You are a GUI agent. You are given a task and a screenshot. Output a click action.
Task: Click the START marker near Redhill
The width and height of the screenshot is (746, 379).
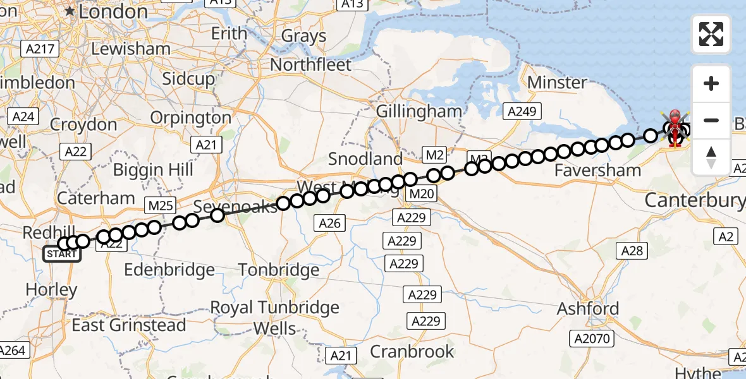(62, 255)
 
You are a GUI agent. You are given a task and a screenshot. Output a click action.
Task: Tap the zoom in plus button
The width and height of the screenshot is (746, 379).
(711, 84)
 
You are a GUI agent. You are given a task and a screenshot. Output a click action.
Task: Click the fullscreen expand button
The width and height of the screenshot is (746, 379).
(711, 34)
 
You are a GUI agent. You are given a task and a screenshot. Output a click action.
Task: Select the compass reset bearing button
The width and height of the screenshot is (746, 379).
(711, 157)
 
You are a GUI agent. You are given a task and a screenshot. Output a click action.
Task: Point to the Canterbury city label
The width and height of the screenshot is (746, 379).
(694, 201)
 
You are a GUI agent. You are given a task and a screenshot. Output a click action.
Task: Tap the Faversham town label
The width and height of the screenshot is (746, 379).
(597, 170)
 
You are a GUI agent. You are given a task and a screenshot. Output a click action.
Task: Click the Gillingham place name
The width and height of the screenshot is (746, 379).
(419, 111)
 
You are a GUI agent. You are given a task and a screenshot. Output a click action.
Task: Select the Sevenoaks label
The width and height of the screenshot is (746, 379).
(235, 207)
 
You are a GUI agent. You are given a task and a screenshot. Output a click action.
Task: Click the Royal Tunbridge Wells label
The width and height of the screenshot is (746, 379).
(274, 318)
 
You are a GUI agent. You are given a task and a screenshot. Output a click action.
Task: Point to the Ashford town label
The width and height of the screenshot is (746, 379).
(588, 309)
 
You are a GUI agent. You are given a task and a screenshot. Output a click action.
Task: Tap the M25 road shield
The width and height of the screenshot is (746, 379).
(159, 205)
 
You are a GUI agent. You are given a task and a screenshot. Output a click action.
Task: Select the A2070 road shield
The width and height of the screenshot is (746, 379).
(592, 339)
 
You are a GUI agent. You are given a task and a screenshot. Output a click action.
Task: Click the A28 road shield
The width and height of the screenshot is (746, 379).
(632, 251)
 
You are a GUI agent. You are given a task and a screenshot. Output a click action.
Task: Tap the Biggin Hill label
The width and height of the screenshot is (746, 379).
(153, 170)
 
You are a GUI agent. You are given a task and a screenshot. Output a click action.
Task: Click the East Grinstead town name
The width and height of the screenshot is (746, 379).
(128, 325)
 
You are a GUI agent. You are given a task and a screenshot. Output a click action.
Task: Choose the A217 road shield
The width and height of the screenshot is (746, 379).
(40, 49)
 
